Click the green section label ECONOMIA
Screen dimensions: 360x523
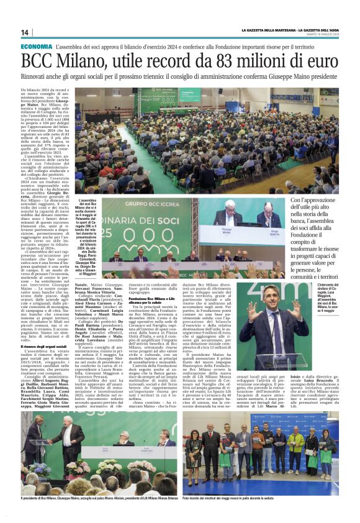point(36,47)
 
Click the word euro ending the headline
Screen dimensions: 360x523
point(320,61)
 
